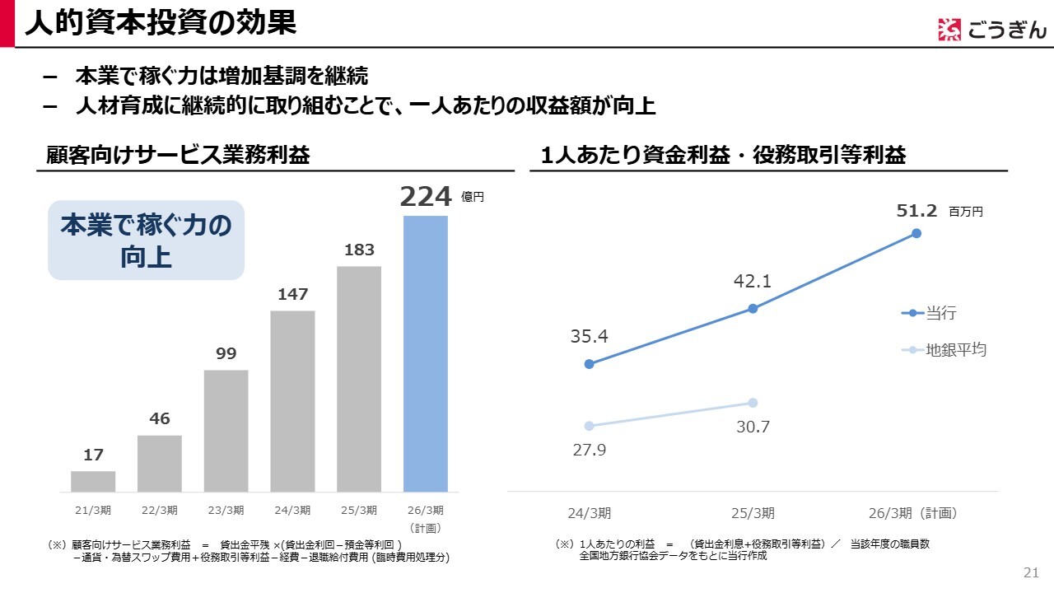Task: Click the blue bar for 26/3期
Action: (x=425, y=354)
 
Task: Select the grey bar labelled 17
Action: (x=93, y=482)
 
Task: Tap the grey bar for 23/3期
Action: (x=226, y=431)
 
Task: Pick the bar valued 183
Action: (x=359, y=379)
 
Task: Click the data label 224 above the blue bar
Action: (x=426, y=198)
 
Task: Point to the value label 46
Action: (x=160, y=419)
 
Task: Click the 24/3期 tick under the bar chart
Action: (x=292, y=511)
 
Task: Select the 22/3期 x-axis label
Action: (x=160, y=511)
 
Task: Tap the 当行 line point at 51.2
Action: (x=916, y=233)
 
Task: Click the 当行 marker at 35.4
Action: (x=589, y=364)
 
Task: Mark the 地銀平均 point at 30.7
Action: (x=753, y=403)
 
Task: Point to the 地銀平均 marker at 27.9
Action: (x=589, y=426)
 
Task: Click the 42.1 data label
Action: (x=753, y=282)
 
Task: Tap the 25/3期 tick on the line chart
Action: (x=753, y=513)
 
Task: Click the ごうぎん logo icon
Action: (x=949, y=30)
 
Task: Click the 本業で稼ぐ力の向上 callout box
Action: (x=146, y=240)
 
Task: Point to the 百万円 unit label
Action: (x=966, y=212)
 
